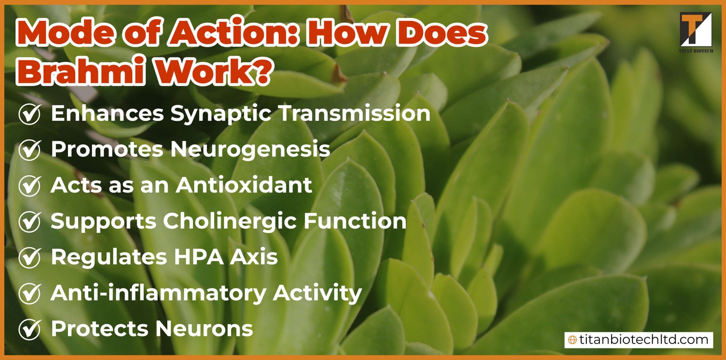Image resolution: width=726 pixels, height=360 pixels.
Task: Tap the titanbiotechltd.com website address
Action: (643, 340)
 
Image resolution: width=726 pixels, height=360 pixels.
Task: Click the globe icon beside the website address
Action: (573, 340)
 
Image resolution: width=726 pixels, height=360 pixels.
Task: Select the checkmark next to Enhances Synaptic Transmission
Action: (30, 113)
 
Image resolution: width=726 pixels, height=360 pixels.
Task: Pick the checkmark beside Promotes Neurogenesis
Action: (30, 149)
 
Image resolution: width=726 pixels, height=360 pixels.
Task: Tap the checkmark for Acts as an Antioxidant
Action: (30, 185)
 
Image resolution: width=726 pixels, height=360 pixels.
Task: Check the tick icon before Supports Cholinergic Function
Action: (30, 221)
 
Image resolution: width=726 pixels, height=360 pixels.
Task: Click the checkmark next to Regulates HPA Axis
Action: (30, 257)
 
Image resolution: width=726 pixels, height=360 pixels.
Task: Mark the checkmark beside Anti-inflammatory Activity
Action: (30, 293)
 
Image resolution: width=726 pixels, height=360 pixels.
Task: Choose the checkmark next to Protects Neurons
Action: (30, 329)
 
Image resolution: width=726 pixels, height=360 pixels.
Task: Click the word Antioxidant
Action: (244, 185)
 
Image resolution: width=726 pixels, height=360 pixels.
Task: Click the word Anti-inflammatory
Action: (158, 293)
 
